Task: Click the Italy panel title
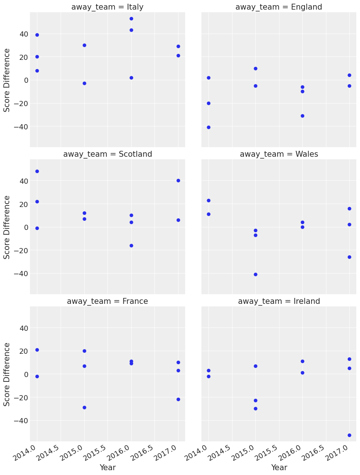coord(108,7)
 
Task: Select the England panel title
coord(279,7)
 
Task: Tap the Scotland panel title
coord(108,154)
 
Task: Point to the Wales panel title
coord(279,154)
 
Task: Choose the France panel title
coord(108,301)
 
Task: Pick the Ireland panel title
coord(279,301)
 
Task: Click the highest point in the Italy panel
coord(131,18)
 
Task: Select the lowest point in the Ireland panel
coord(349,435)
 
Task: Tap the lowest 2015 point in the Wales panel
coord(255,274)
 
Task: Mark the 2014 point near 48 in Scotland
coord(37,171)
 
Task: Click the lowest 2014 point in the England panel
coord(208,127)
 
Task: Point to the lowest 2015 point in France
coord(84,407)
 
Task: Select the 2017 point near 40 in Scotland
coord(178,180)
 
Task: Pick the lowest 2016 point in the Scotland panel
coord(131,245)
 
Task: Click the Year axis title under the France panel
coord(108,467)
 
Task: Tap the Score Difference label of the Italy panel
coord(7,79)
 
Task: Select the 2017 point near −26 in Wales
coord(349,257)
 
